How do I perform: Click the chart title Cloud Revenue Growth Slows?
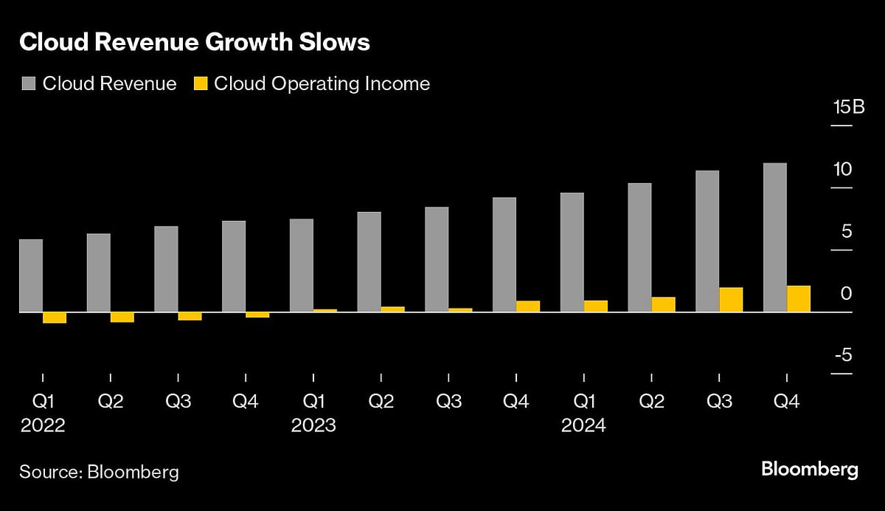(195, 43)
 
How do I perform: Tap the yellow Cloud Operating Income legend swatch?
(199, 83)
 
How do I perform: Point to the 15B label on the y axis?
(848, 107)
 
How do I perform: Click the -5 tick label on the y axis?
(843, 356)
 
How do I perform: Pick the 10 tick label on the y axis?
(842, 169)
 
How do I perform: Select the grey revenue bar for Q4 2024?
(774, 237)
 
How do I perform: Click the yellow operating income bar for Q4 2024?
(798, 298)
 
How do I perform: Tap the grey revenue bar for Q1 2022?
(31, 275)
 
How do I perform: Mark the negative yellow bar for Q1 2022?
(55, 318)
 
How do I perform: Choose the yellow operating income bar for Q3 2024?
(731, 300)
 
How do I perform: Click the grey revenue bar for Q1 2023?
(302, 265)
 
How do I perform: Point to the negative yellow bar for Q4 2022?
(257, 315)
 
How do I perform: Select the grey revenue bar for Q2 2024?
(639, 247)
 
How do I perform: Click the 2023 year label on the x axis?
(313, 426)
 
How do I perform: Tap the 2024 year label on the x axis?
(583, 426)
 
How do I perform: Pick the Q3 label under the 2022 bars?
(178, 402)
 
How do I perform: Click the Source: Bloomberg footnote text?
(99, 472)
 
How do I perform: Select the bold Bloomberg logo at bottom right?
(809, 469)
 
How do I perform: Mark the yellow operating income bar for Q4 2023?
(528, 306)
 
